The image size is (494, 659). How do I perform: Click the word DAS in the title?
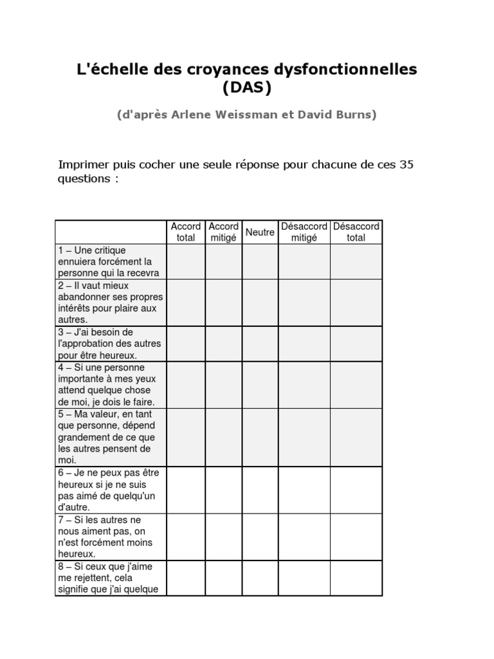click(247, 88)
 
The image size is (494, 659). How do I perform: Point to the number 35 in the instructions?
click(406, 164)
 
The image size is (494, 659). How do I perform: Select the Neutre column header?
click(260, 232)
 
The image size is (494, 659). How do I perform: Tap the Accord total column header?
click(186, 232)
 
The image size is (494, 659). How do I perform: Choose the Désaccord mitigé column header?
click(304, 232)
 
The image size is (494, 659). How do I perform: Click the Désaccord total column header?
click(356, 232)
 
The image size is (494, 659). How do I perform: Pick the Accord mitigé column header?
click(223, 232)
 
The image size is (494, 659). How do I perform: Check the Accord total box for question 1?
click(186, 261)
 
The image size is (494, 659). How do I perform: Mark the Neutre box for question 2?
click(260, 302)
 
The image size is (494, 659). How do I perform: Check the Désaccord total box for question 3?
click(356, 344)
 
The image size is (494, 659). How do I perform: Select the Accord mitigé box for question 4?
click(223, 385)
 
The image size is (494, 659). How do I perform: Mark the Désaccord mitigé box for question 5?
click(304, 437)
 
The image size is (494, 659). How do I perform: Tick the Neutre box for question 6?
click(260, 490)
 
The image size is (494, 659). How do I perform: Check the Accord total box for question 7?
click(186, 537)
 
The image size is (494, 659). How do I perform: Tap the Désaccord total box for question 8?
click(356, 578)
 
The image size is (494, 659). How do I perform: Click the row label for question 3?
click(110, 344)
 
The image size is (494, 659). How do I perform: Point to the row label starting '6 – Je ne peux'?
click(110, 490)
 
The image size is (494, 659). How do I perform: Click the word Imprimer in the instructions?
click(84, 164)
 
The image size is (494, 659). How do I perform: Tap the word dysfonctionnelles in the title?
click(345, 69)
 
